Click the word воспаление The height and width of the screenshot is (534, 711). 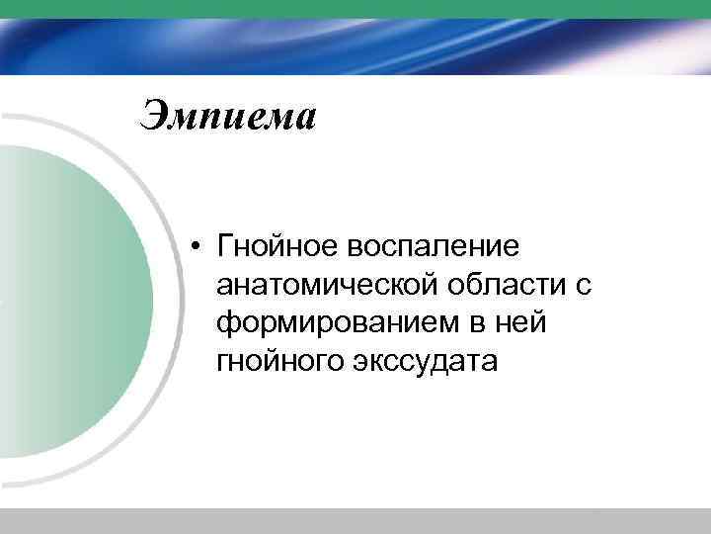[444, 244]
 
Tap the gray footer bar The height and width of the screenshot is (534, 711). [355, 521]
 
